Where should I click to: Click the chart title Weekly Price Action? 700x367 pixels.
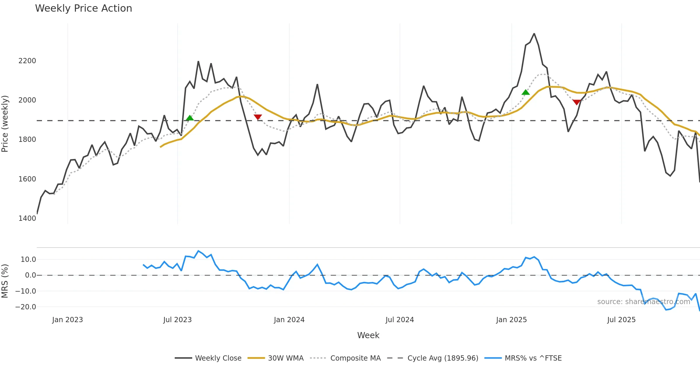83,8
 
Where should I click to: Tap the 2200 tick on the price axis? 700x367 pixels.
27,61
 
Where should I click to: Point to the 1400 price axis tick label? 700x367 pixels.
27,218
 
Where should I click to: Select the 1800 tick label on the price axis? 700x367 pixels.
27,140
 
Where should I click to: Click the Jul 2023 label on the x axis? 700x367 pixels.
177,320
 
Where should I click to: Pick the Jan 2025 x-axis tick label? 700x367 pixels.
511,320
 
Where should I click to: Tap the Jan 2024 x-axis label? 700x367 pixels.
289,320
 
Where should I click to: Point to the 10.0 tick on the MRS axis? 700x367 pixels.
28,260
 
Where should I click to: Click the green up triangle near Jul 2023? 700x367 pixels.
190,118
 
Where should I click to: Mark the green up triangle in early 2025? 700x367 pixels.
526,92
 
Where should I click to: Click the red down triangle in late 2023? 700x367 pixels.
258,117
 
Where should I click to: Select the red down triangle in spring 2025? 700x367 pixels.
576,102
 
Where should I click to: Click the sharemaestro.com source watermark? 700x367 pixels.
643,302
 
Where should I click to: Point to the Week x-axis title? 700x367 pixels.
368,336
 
